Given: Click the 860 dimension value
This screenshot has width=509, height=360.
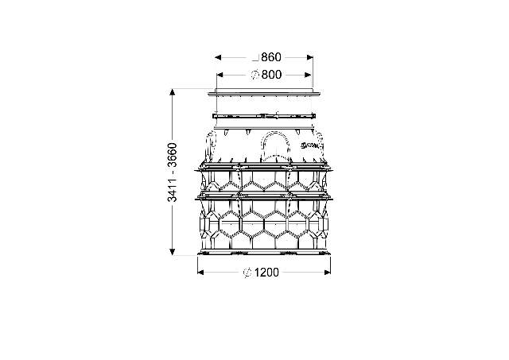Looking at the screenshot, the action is point(271,57).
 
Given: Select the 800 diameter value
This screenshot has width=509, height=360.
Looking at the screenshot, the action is point(271,75).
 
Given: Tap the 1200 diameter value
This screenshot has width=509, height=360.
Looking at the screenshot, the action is point(266,273).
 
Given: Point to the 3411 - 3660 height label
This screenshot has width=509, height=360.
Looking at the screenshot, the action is point(173,172).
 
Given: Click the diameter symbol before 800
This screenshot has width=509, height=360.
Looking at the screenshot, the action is point(255,75).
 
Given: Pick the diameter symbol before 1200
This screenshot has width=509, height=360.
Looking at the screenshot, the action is point(247,273).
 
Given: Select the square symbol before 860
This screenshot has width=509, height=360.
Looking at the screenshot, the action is point(255,58).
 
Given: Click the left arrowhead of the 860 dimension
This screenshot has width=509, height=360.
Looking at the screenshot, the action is point(218,58).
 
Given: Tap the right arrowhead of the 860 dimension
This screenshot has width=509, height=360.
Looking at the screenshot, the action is point(309,58).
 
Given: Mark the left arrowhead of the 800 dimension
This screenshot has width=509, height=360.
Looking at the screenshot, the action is point(220,75).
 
